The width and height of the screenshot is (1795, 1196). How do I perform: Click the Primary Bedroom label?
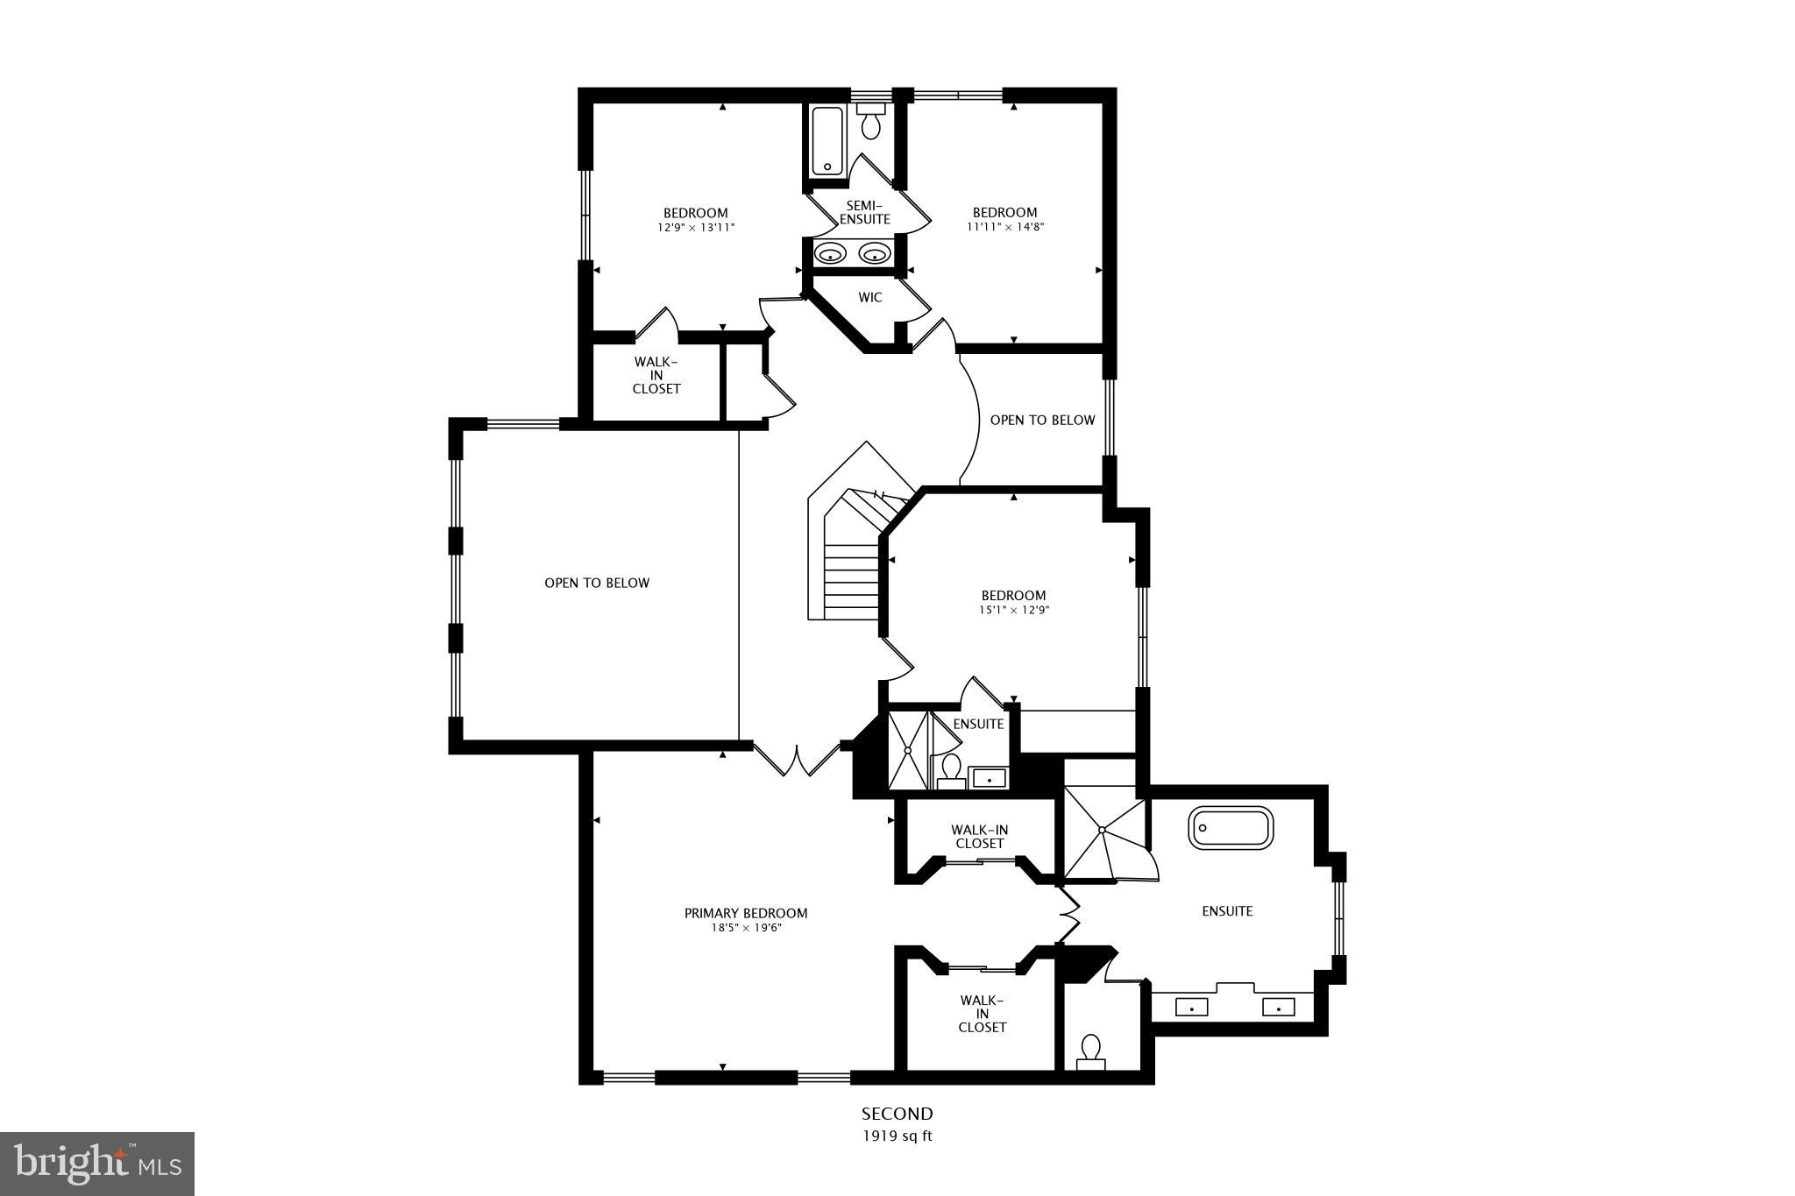coord(745,913)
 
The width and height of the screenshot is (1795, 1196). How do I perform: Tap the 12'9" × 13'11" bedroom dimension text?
coord(696,228)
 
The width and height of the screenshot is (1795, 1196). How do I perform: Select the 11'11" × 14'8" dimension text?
coord(1004,227)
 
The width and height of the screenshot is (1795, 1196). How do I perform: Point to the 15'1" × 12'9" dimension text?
coord(1013,611)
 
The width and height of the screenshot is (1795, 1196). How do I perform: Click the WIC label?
coord(869,298)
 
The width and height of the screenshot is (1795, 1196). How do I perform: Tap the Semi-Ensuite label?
coord(865,212)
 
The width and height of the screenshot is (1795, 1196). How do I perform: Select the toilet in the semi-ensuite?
coord(870,124)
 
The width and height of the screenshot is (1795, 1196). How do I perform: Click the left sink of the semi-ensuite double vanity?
coord(829,255)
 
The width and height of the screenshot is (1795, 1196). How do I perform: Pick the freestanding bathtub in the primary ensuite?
coord(1230,828)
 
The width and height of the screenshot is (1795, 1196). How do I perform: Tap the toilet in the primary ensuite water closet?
coord(1090,1050)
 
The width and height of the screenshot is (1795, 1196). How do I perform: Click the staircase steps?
coord(850,578)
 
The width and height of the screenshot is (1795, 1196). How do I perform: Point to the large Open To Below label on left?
coord(597,583)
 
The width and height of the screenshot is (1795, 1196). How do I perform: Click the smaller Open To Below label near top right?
coord(1042,420)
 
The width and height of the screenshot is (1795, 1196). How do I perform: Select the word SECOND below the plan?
coord(897,1114)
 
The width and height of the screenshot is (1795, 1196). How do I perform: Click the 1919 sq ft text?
coord(897,1136)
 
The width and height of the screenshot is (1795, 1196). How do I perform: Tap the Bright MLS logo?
coord(97,1164)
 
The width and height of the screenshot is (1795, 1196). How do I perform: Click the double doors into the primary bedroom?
coord(798,761)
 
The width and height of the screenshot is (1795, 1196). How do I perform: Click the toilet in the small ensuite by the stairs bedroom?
coord(950,770)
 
